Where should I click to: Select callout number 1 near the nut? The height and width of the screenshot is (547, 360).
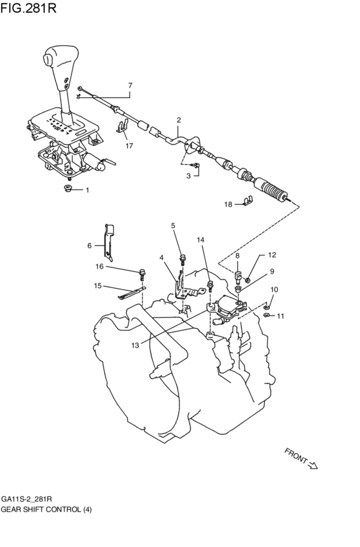(x=87, y=190)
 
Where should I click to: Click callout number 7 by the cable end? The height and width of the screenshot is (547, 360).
(x=130, y=85)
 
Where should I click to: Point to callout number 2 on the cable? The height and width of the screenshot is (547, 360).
(x=178, y=120)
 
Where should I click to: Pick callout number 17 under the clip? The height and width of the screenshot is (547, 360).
(x=129, y=146)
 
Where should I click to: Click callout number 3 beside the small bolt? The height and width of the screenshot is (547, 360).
(x=189, y=175)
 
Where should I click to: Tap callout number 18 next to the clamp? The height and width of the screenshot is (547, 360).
(x=228, y=204)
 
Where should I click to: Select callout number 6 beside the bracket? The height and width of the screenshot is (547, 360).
(x=90, y=245)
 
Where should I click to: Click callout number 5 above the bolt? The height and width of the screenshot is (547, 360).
(x=173, y=226)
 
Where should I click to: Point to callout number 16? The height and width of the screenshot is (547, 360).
(x=100, y=266)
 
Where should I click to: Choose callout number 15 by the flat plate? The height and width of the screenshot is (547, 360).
(x=98, y=285)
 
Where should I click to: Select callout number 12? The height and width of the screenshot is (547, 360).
(x=271, y=255)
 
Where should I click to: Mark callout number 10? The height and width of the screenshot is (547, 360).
(x=274, y=289)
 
